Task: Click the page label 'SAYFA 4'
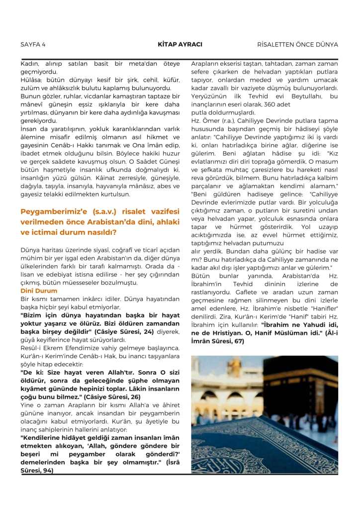(33, 44)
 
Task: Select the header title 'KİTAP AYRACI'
(180, 44)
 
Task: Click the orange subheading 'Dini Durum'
(39, 291)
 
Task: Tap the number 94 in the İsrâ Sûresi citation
(48, 471)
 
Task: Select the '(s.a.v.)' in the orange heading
(95, 211)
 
